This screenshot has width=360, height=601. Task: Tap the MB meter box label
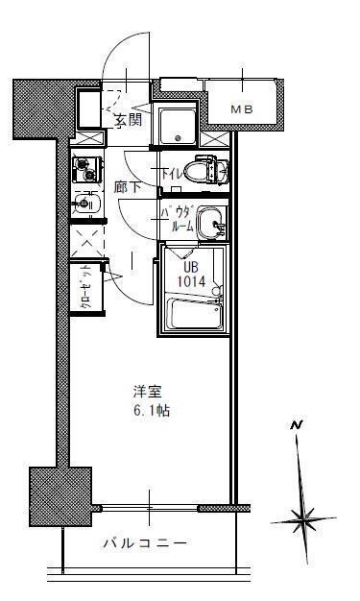(x=242, y=110)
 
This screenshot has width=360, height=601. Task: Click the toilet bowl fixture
(x=208, y=171)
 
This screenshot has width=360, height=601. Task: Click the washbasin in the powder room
(x=212, y=223)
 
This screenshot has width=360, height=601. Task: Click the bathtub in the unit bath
(x=195, y=316)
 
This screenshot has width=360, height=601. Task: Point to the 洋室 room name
(x=149, y=392)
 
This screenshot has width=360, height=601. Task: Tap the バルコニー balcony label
(x=145, y=543)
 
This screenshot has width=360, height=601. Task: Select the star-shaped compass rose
(x=305, y=519)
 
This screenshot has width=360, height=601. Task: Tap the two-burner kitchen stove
(x=84, y=170)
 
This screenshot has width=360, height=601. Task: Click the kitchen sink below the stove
(x=84, y=204)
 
